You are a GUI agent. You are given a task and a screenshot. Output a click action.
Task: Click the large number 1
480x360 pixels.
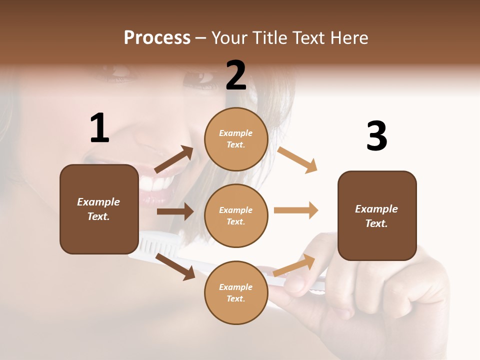(x=99, y=128)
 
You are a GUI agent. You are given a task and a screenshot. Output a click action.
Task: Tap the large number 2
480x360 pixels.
(x=236, y=75)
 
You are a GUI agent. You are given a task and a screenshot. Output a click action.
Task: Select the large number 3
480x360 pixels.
(x=376, y=136)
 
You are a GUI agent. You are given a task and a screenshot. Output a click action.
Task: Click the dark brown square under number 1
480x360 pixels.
(x=99, y=209)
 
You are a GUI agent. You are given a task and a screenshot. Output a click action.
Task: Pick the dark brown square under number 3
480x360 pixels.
(x=377, y=215)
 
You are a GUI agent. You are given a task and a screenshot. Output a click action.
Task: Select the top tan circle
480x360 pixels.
(x=236, y=138)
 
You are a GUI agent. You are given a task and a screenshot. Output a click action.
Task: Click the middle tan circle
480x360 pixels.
(x=236, y=215)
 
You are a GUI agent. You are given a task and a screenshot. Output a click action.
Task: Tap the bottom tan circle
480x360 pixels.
(x=236, y=292)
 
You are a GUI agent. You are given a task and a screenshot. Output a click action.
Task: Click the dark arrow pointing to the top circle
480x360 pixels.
(x=174, y=159)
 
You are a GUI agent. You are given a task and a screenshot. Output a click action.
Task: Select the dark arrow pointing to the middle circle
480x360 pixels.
(x=175, y=211)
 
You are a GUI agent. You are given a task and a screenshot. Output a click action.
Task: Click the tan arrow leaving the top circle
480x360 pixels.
(x=297, y=159)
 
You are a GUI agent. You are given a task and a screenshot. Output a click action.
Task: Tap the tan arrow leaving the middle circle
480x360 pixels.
(x=296, y=210)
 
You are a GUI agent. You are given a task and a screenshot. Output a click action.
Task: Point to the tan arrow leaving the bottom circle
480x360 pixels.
(x=294, y=265)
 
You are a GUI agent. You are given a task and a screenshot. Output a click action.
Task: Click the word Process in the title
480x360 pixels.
(x=157, y=37)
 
